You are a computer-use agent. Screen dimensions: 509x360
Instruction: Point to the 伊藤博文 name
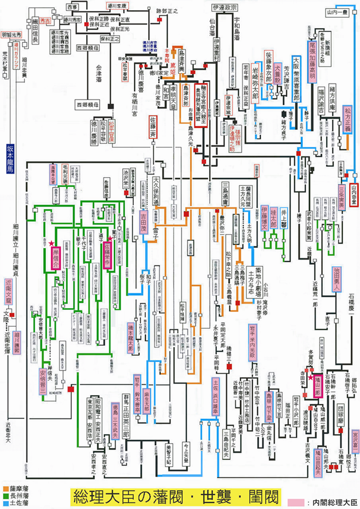tap(264, 216)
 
